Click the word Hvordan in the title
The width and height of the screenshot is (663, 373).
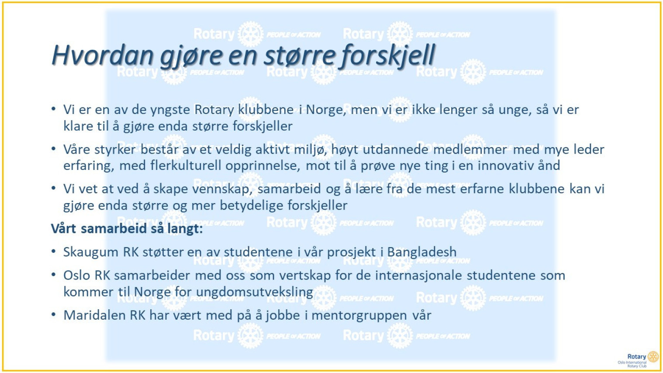point(103,55)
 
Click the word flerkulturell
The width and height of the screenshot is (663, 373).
point(186,166)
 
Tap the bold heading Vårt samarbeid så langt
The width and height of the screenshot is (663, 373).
point(127,229)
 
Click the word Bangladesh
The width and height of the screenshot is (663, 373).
point(422,252)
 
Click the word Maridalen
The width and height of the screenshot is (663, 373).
point(94,315)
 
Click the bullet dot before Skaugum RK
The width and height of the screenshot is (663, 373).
point(54,251)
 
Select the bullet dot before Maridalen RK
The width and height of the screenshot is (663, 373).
point(54,314)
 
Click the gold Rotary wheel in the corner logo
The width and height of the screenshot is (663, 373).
point(653,357)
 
